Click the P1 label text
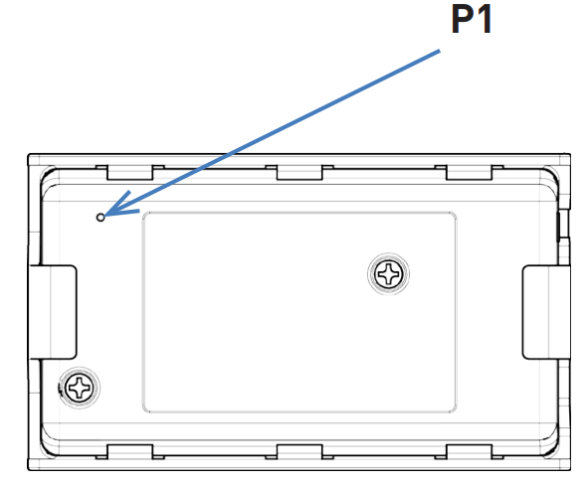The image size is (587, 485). (472, 19)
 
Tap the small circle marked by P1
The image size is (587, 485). (100, 218)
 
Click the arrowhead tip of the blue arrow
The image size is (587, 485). (105, 216)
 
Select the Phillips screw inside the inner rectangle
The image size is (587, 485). (389, 274)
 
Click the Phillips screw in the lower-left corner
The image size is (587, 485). (79, 388)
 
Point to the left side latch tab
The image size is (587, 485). (53, 312)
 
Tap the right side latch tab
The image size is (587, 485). (546, 312)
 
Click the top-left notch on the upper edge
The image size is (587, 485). (130, 173)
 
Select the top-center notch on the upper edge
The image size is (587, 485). (299, 173)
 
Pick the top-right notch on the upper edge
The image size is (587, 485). (469, 173)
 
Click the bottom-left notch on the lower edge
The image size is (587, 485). (130, 452)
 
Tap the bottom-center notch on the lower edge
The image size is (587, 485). (299, 452)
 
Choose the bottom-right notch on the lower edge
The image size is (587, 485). (469, 452)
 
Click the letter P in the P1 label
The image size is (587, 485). (462, 19)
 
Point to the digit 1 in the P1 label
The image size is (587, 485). (485, 19)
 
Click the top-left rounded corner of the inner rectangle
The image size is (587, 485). (144, 215)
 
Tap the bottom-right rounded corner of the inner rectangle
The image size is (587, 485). (454, 410)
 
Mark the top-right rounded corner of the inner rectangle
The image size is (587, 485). (454, 215)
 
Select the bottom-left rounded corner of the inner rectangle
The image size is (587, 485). (144, 410)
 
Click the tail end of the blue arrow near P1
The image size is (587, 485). (440, 51)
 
